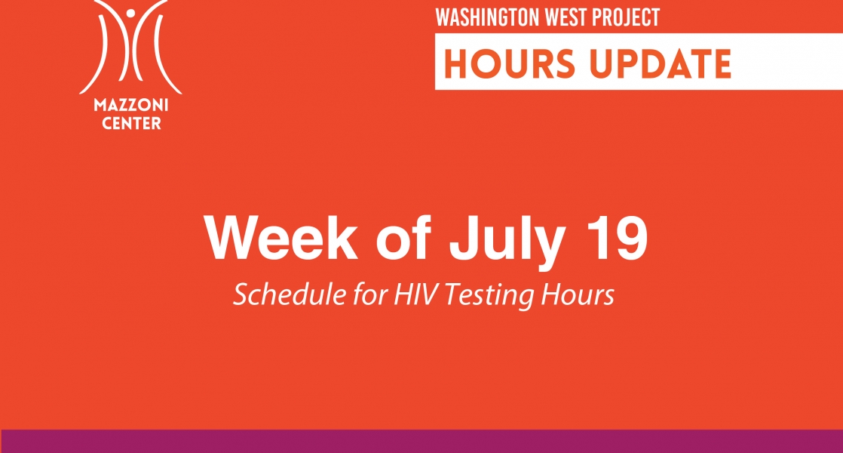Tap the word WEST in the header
pyautogui.click(x=566, y=17)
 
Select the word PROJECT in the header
pyautogui.click(x=625, y=17)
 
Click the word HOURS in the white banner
pyautogui.click(x=510, y=63)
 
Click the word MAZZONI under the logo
pyautogui.click(x=131, y=104)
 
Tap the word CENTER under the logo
pyautogui.click(x=132, y=123)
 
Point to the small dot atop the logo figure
pyautogui.click(x=130, y=12)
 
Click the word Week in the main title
pyautogui.click(x=280, y=239)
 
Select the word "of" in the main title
pyautogui.click(x=403, y=239)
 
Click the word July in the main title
pyautogui.click(x=507, y=243)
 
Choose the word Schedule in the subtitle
pyautogui.click(x=290, y=294)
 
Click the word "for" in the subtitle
pyautogui.click(x=371, y=294)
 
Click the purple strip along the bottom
pyautogui.click(x=421, y=441)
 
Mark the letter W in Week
pyautogui.click(x=234, y=239)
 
